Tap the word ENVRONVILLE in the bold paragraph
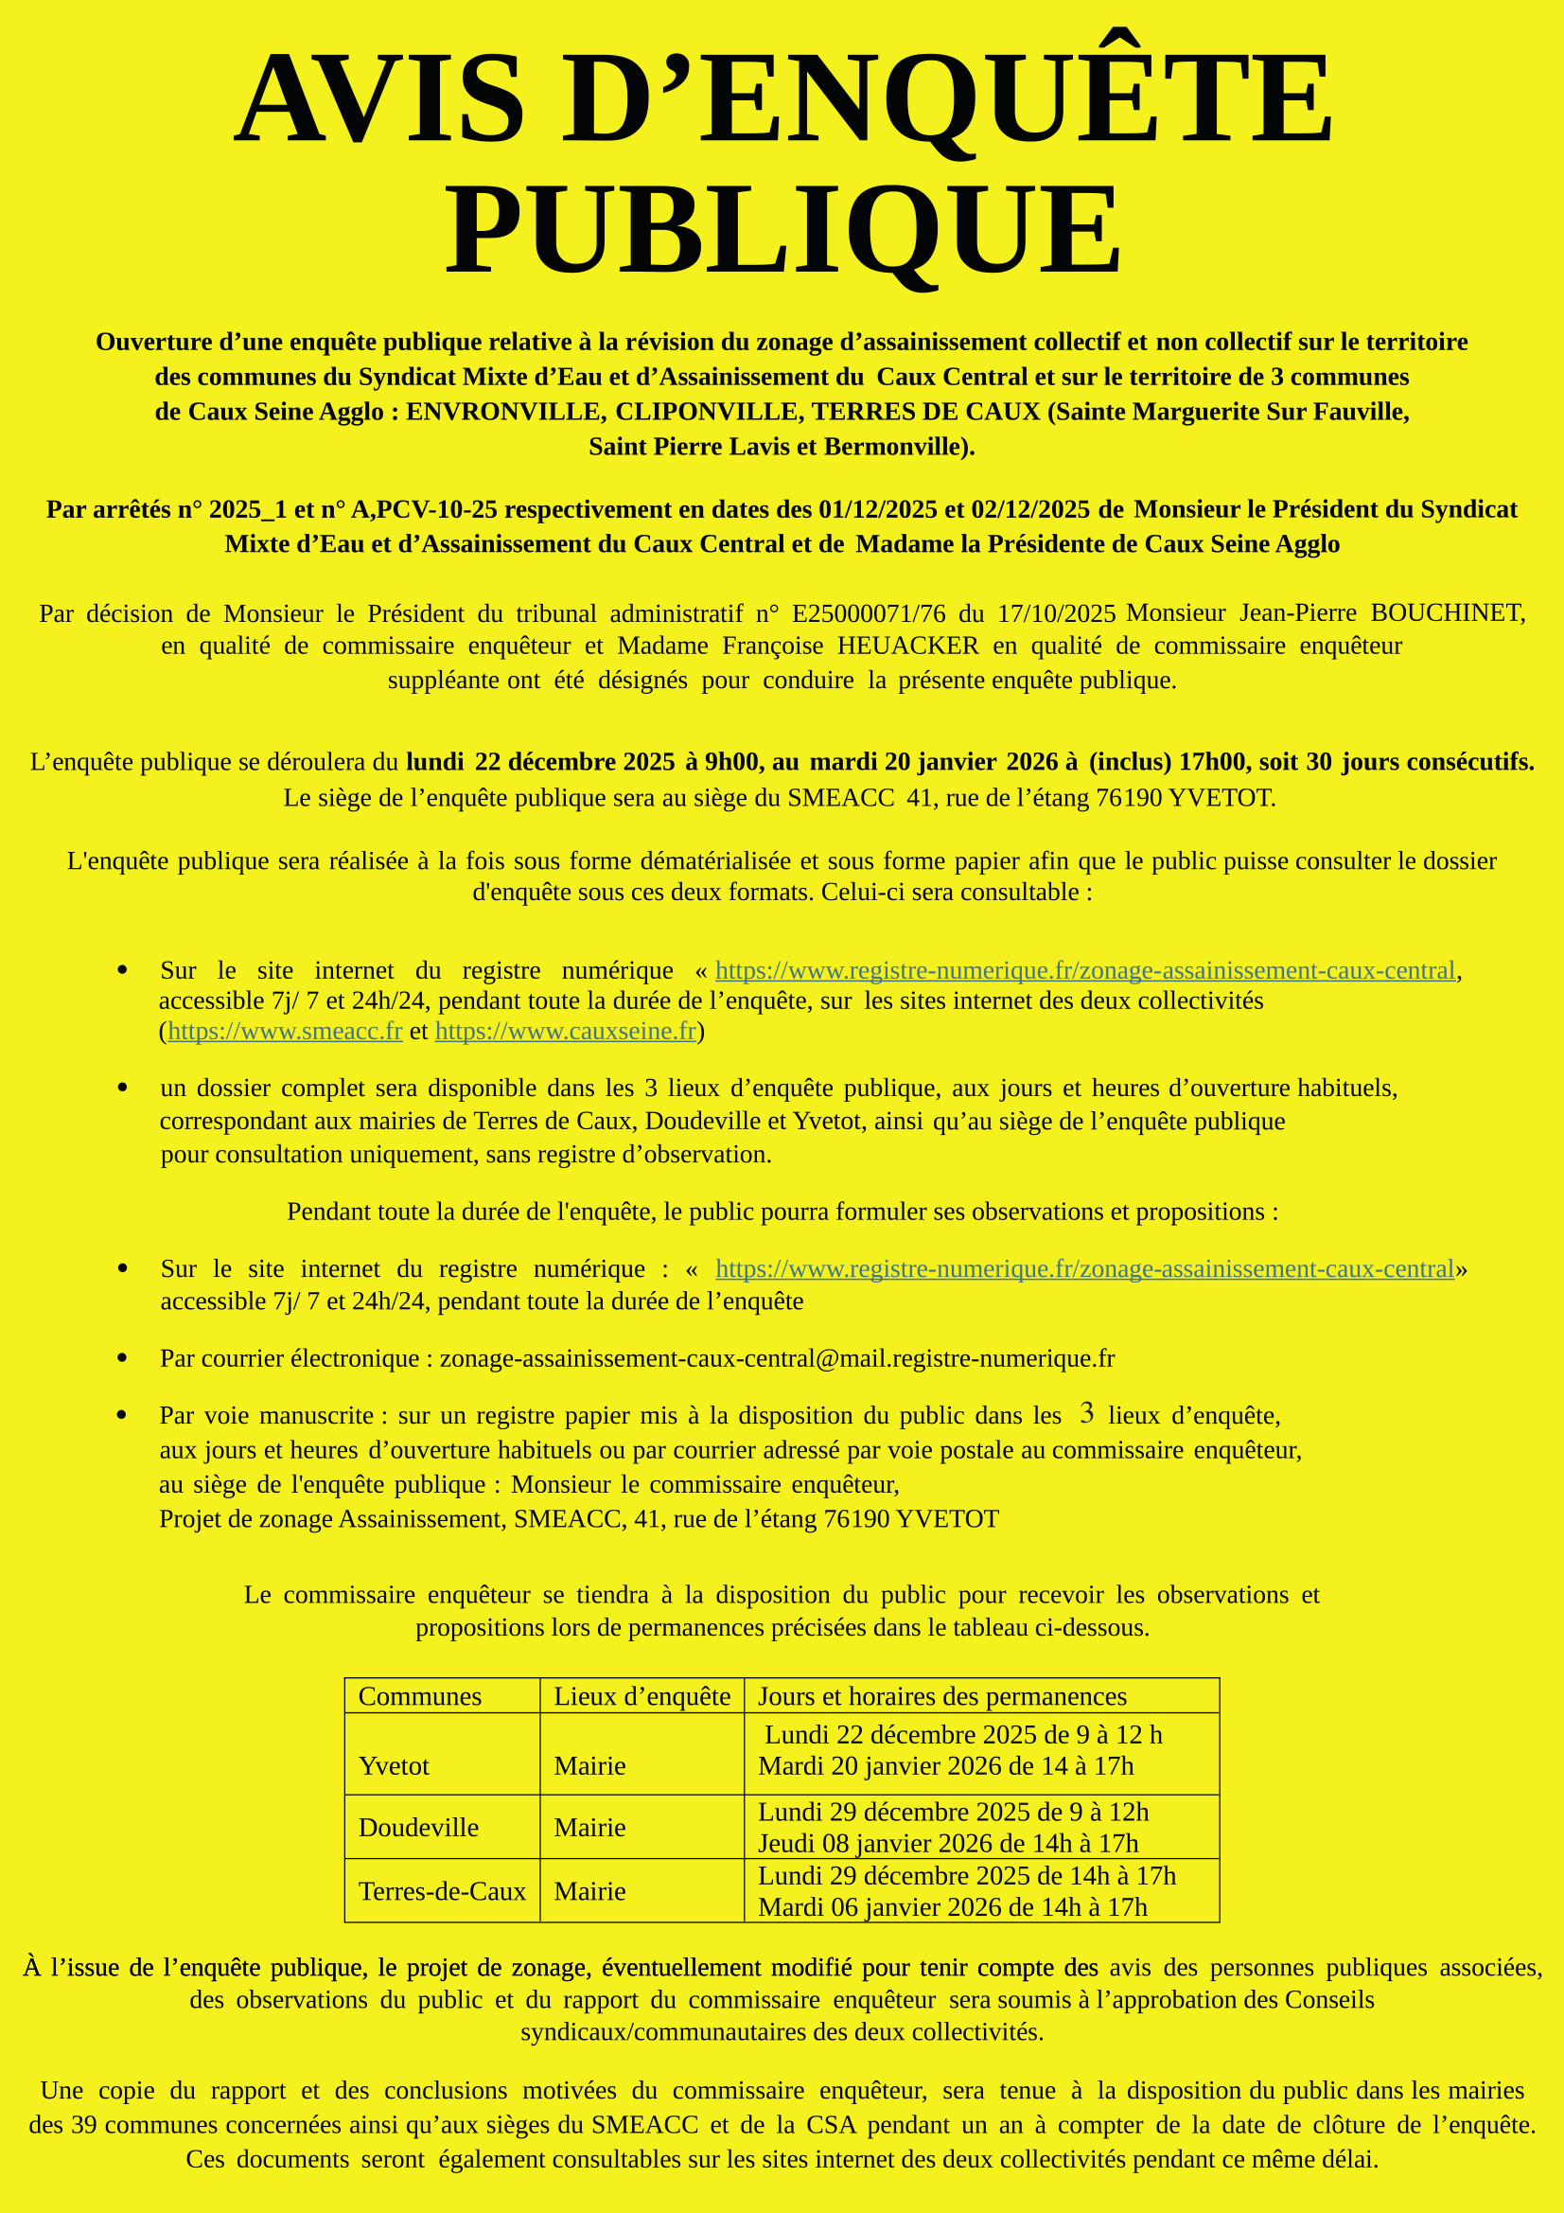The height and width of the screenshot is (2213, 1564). point(505,412)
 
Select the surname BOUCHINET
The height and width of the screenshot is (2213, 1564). point(1448,613)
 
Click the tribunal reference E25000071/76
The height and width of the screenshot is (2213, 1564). point(869,613)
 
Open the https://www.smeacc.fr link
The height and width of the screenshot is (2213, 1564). point(284,1032)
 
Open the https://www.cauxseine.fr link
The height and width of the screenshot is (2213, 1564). point(566,1032)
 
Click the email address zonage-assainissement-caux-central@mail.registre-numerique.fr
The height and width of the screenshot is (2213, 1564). point(777,1358)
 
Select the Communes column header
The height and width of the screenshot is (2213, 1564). point(419,1696)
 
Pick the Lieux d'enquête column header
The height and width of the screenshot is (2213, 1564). point(641,1696)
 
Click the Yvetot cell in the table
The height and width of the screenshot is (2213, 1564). point(394,1766)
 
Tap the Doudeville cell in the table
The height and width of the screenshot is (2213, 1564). point(418,1828)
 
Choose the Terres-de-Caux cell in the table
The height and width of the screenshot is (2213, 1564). point(442,1891)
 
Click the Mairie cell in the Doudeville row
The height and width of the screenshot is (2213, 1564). point(589,1828)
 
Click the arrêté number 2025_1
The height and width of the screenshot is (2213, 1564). point(248,509)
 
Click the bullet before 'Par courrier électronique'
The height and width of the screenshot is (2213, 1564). point(122,1358)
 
